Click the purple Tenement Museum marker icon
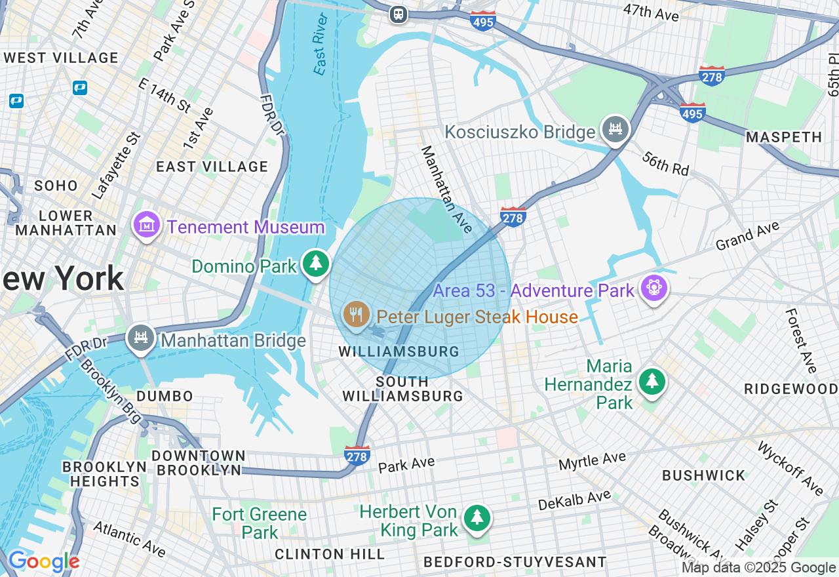tap(147, 226)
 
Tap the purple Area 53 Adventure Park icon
tap(654, 288)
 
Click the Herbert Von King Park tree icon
tap(477, 518)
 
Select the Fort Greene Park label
tap(260, 523)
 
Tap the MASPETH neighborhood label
tap(784, 137)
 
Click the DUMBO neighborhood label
tap(165, 396)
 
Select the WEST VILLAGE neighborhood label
tap(61, 58)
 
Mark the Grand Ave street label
tap(747, 236)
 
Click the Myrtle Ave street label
tap(593, 461)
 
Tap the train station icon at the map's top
tap(398, 14)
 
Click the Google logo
tap(43, 562)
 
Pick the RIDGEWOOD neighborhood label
tap(791, 389)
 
